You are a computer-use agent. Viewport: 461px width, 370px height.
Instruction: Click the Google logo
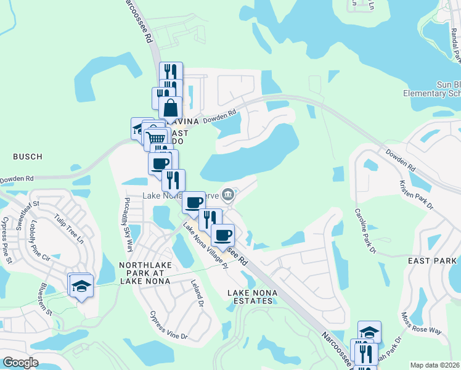pyautogui.click(x=20, y=363)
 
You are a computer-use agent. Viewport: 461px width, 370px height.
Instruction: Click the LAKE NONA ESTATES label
pyautogui.click(x=250, y=296)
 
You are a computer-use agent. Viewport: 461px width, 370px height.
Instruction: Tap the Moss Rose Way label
pyautogui.click(x=421, y=322)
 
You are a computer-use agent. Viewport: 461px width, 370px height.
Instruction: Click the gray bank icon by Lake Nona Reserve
pyautogui.click(x=227, y=195)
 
